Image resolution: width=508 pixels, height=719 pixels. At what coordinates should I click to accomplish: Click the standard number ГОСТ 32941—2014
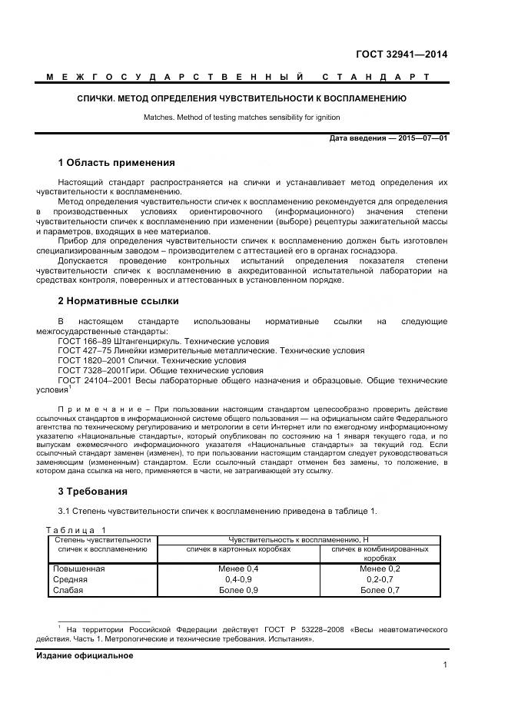[x=401, y=54]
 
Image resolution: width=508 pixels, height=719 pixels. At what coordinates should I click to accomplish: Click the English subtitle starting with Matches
[x=241, y=118]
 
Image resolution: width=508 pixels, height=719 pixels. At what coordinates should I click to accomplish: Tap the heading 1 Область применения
[x=116, y=163]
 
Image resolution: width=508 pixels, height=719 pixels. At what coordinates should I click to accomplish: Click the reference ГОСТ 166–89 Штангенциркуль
[x=163, y=340]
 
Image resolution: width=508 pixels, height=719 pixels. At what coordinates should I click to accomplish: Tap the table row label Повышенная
[x=78, y=568]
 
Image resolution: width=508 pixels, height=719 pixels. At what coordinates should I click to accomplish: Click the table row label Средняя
[x=69, y=579]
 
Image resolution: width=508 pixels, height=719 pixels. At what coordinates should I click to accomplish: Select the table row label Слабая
[x=67, y=590]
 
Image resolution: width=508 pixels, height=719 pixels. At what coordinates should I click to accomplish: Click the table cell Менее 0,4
[x=238, y=568]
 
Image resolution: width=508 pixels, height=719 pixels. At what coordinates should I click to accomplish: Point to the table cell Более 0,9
[x=238, y=590]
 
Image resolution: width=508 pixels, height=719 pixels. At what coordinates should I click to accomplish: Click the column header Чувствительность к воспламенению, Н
[x=303, y=540]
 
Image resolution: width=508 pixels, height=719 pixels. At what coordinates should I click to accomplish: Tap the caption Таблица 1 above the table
[x=77, y=530]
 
